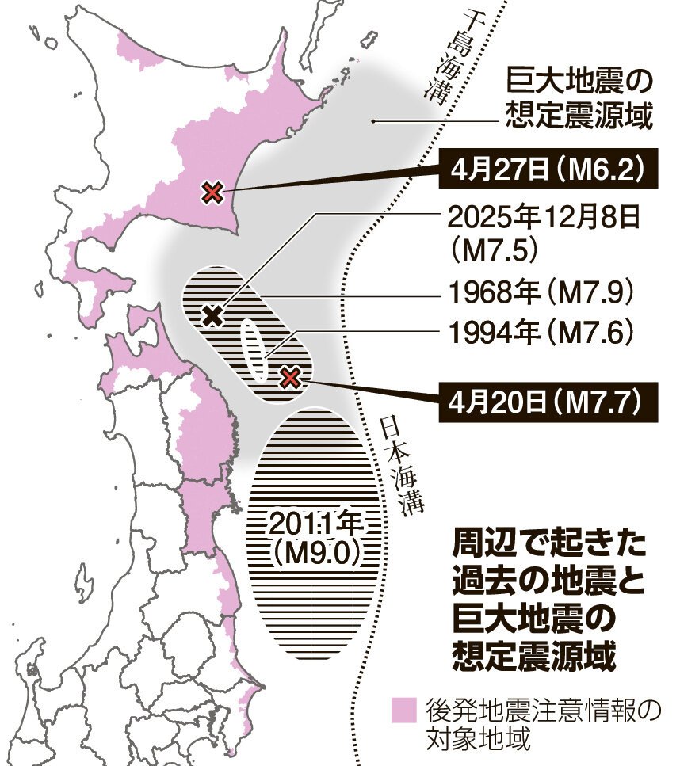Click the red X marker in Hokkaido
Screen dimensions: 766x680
pos(212,192)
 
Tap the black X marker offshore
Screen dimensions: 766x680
pos(212,316)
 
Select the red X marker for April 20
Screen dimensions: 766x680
pos(291,377)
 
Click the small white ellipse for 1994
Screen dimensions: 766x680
pos(253,349)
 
